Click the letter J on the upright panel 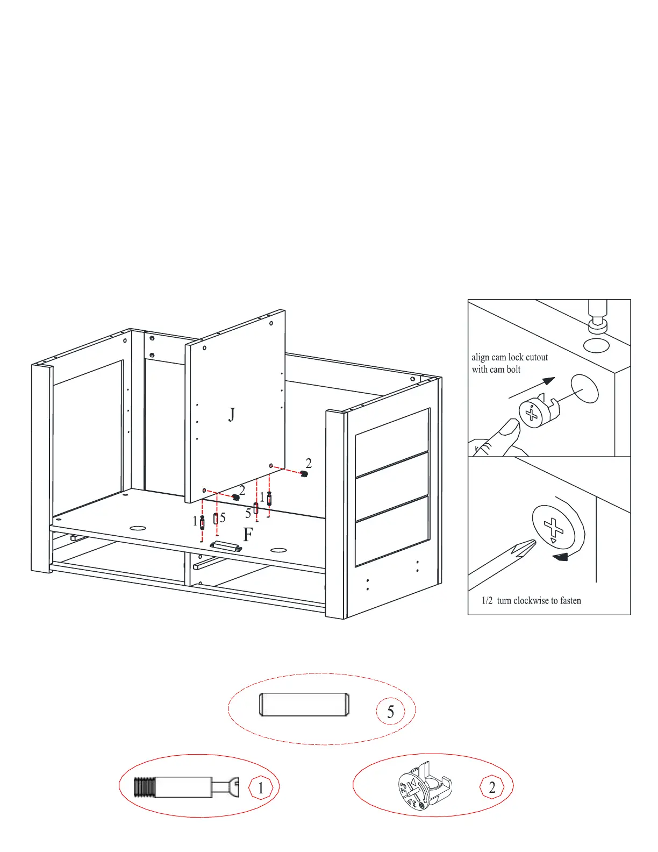[232, 415]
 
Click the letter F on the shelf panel [248, 535]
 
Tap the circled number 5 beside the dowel [391, 712]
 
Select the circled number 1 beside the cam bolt [261, 789]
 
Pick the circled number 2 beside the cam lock [492, 787]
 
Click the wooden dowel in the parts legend [304, 705]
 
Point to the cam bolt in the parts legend [186, 788]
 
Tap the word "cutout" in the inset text [537, 357]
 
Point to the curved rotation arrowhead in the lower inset [560, 557]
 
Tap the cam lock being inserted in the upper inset [538, 411]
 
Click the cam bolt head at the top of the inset [598, 323]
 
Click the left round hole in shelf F [138, 528]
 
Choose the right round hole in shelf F [278, 551]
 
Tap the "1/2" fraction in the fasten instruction [487, 601]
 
